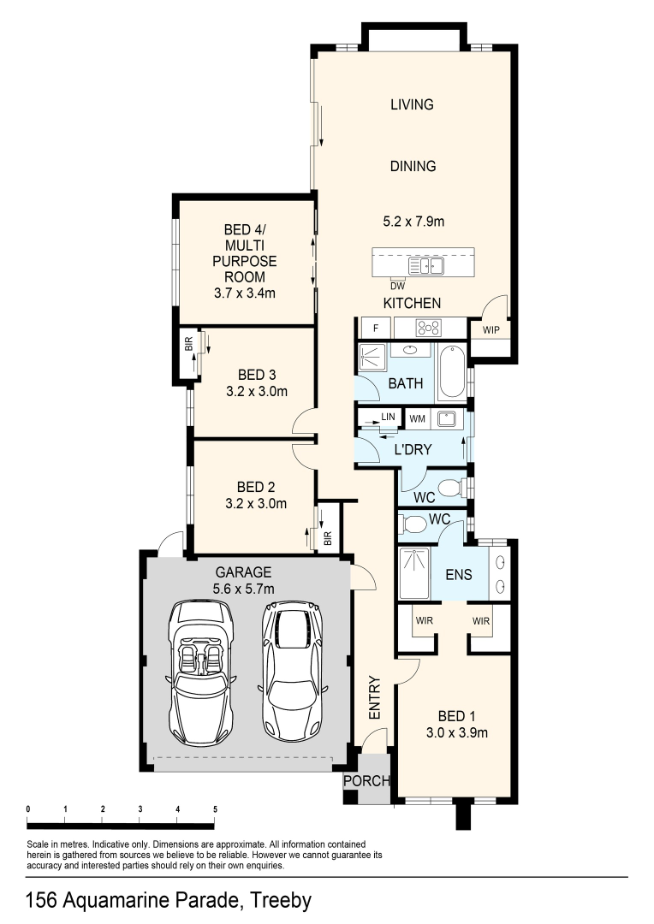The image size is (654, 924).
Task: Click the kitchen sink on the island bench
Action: pos(427,266)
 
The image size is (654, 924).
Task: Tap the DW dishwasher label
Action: pos(398,287)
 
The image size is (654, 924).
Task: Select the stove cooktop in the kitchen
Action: pos(428,328)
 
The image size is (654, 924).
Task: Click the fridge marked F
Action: pos(376,329)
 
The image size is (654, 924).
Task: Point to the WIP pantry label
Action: pos(491,330)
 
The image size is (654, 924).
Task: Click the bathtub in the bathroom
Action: pos(453,371)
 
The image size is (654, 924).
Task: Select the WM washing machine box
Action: pos(418,419)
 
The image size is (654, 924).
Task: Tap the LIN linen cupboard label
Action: pos(388,417)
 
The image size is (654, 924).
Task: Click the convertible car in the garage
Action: pos(202,672)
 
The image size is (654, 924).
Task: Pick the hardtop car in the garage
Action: pos(291,671)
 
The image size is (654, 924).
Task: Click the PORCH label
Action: pos(367,781)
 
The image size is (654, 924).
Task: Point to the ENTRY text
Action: pos(375,698)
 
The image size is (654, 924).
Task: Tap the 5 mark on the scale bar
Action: pos(215,809)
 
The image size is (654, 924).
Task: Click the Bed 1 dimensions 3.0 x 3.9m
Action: pos(457,733)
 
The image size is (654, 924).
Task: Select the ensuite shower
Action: pos(415,573)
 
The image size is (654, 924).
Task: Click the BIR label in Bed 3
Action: pos(188,345)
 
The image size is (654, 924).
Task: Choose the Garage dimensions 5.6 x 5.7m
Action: pos(244,589)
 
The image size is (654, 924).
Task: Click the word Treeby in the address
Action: pos(280,900)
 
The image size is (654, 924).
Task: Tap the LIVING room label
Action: pos(413,104)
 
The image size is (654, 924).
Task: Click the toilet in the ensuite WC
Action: pos(413,524)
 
